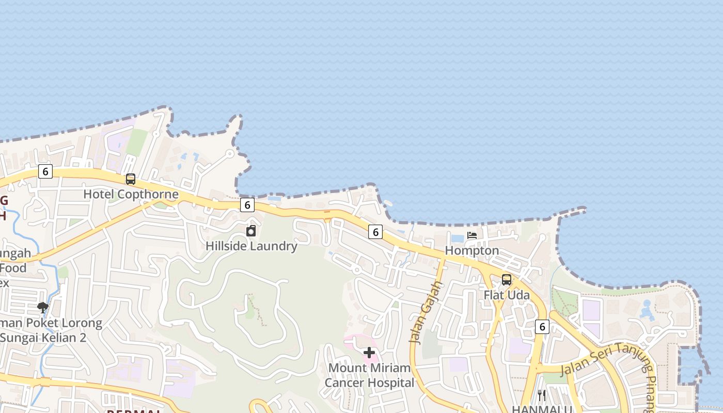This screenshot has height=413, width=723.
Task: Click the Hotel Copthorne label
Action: click(x=131, y=195)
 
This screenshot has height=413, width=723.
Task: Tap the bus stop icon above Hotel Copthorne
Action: click(x=131, y=179)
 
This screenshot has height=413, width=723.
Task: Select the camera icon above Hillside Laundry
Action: click(x=251, y=231)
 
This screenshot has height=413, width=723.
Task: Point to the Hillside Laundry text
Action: click(x=252, y=246)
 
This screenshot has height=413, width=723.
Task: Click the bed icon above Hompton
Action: click(x=472, y=235)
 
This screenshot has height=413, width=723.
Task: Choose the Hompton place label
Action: click(x=472, y=250)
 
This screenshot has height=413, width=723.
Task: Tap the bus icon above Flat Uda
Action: click(x=507, y=280)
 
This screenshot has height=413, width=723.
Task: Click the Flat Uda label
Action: click(x=507, y=295)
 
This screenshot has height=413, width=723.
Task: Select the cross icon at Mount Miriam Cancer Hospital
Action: click(x=369, y=353)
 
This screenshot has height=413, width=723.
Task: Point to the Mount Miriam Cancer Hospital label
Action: click(x=369, y=375)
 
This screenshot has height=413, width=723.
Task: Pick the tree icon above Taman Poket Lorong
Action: click(x=43, y=308)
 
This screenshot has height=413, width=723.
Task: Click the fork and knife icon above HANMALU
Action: click(x=542, y=395)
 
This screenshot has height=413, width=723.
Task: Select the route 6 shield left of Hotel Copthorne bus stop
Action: click(x=45, y=171)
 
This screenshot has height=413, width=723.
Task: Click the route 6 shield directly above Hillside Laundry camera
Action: click(x=247, y=205)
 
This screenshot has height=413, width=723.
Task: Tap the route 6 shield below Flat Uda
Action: click(x=542, y=326)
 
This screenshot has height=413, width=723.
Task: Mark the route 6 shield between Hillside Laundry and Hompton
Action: click(x=375, y=232)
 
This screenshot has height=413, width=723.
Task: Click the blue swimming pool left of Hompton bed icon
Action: click(x=458, y=239)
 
